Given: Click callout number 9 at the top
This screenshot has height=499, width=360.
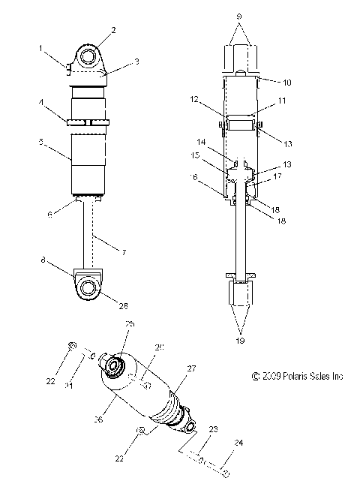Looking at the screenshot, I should point(240,14).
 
